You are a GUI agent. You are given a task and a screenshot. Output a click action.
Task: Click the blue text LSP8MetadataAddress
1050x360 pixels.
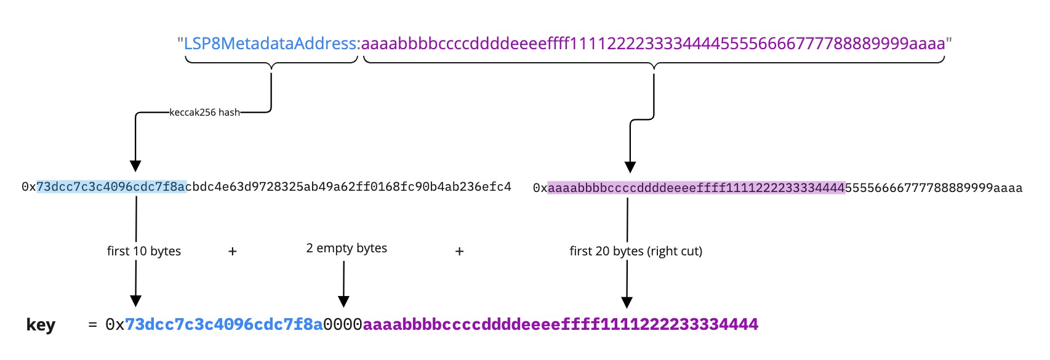pos(270,44)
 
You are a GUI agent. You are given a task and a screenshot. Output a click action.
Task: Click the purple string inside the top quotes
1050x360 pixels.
pos(653,44)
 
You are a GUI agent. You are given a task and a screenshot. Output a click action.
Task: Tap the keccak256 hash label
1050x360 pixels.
pos(204,113)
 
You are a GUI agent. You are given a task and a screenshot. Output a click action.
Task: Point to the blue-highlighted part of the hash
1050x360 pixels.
pos(111,186)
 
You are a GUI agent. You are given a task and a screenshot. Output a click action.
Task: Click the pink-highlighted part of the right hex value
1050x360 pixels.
pos(696,188)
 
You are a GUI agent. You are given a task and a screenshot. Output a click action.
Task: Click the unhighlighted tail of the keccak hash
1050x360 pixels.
pos(348,186)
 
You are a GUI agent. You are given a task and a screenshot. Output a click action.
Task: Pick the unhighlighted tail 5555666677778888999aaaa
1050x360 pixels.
pos(934,188)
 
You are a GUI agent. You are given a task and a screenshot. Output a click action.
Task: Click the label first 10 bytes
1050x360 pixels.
pos(144,251)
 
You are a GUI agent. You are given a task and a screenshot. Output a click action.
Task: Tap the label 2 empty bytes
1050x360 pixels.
pos(347,248)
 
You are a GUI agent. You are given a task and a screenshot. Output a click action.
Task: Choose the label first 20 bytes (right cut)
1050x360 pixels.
pos(636,251)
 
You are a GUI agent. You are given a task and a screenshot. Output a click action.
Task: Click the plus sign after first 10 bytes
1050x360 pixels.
pos(233,251)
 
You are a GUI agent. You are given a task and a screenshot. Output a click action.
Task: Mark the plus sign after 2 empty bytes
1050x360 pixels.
pos(459,251)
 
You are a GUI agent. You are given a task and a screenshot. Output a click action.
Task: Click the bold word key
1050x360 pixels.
pos(41,325)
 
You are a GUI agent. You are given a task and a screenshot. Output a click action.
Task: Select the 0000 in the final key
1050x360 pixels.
pos(343,324)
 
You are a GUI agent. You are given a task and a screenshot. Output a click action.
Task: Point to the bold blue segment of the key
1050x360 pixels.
pos(224,324)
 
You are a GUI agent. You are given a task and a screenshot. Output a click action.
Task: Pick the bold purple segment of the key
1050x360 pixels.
pos(560,324)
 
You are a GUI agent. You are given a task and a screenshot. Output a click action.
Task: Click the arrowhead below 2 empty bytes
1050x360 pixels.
pos(344,302)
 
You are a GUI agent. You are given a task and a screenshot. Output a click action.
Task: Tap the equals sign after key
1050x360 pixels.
pos(92,324)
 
